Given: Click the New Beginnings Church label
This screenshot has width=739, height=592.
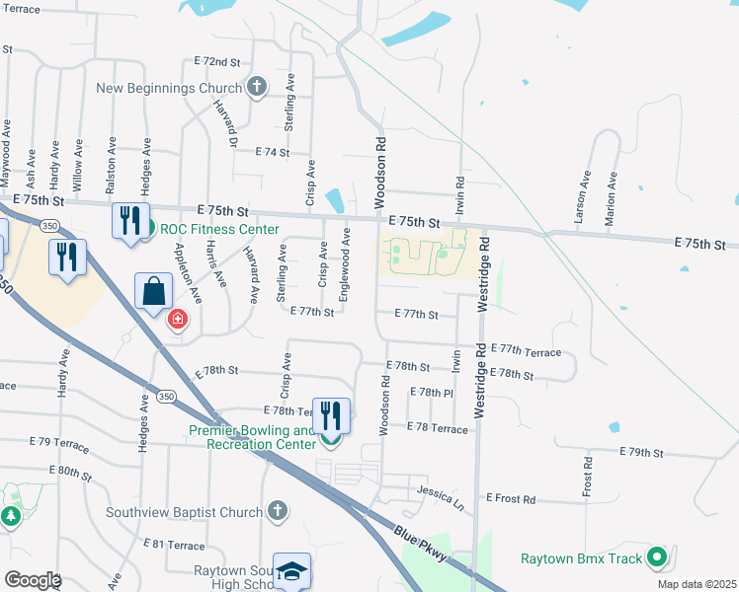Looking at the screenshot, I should coord(169,88).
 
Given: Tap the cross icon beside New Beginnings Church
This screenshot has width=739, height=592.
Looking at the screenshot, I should coord(257,87).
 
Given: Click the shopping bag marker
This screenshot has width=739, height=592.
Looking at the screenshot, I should coord(155,291).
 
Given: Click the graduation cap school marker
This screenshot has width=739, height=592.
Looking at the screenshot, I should coord(291,570).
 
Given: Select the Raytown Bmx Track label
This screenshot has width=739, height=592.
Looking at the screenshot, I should coord(582,558).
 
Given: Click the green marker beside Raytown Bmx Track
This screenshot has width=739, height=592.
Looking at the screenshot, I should coord(656,558).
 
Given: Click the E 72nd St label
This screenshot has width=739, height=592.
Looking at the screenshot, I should coord(217,61).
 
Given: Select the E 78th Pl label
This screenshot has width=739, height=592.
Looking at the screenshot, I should coord(435,393).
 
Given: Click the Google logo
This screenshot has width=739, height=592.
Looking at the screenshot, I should coord(32,580).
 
